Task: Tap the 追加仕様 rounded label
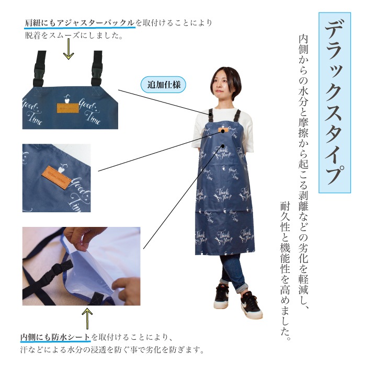pyautogui.click(x=163, y=85)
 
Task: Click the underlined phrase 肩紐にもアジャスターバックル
pyautogui.click(x=79, y=22)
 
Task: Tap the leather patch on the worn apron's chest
pyautogui.click(x=223, y=130)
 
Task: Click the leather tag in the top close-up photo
pyautogui.click(x=68, y=108)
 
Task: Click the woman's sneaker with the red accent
pyautogui.click(x=250, y=306)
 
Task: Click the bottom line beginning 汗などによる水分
pyautogui.click(x=112, y=349)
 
